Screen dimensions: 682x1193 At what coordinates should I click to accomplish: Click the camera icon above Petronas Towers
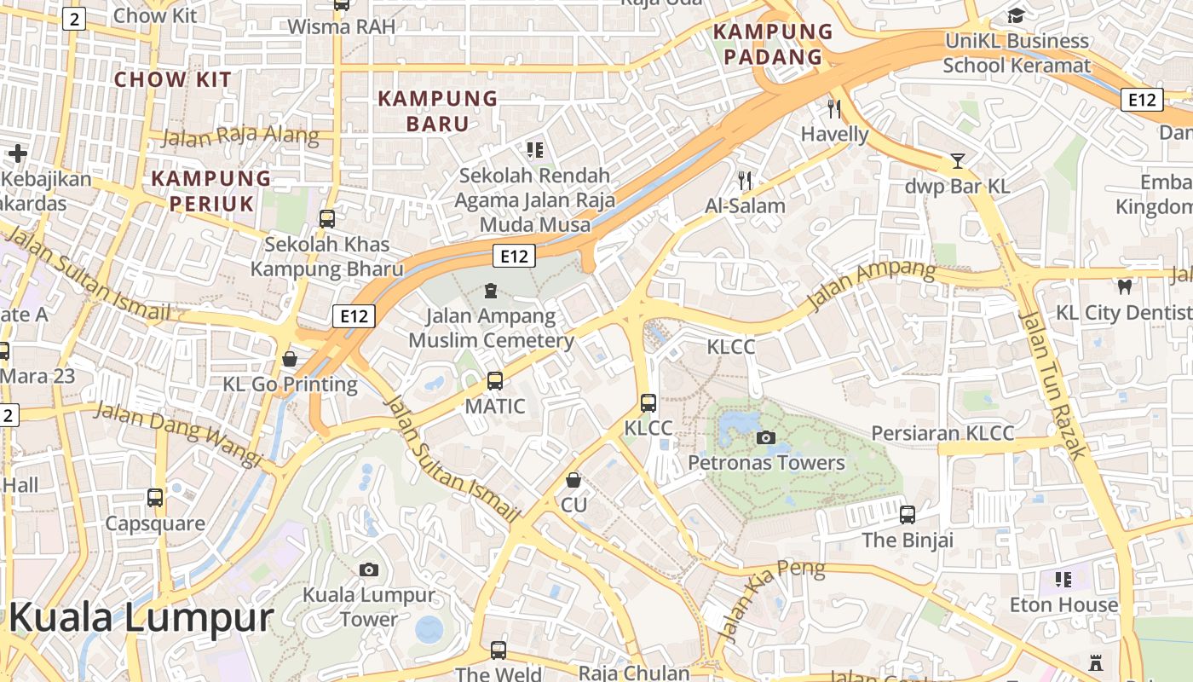(765, 437)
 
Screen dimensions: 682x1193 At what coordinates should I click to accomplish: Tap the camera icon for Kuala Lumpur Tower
(369, 569)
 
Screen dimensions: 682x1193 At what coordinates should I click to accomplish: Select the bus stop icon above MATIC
(495, 380)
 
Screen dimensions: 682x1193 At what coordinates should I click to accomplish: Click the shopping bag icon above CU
(573, 480)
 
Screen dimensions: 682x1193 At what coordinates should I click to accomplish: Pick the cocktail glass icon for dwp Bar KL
(958, 161)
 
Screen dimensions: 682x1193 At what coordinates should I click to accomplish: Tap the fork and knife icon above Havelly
(834, 109)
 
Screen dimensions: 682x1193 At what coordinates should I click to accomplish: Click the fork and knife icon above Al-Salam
(745, 180)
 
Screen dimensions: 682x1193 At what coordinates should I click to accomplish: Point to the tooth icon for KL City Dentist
(1124, 287)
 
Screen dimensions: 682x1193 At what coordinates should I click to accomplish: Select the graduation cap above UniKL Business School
(1016, 15)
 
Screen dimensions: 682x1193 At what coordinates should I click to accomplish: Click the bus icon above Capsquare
(155, 497)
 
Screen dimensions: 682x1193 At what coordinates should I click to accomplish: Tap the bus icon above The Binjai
(908, 515)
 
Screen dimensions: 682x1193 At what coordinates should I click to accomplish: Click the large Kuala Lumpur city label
(141, 617)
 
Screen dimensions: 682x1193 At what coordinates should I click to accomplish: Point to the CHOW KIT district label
(173, 80)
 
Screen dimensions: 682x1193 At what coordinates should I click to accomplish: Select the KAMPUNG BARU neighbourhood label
(438, 111)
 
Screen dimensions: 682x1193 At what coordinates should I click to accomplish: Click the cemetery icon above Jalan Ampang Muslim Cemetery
(490, 292)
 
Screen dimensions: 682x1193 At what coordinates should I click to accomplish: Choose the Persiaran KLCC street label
(942, 433)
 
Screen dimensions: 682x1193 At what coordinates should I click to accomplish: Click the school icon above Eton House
(1063, 580)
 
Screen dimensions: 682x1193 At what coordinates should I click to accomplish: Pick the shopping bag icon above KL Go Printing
(290, 359)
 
